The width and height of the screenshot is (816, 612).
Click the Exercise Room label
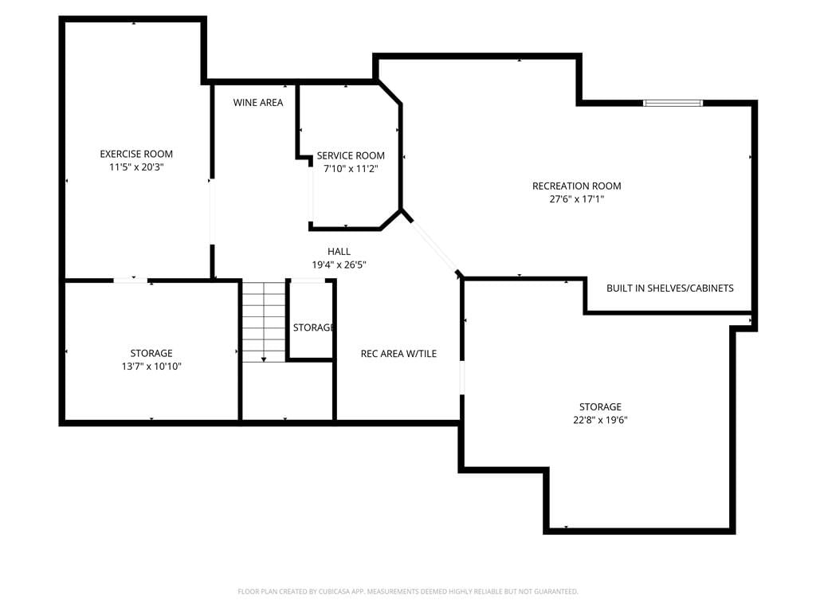(x=136, y=154)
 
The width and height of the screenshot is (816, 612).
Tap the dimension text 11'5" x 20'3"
(x=136, y=167)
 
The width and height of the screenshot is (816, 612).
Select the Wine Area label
(x=258, y=103)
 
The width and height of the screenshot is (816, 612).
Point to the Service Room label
(x=351, y=155)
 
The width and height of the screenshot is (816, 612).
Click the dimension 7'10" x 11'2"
(x=351, y=169)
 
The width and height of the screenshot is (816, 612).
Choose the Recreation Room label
(x=577, y=186)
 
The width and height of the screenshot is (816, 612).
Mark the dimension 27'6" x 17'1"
(x=577, y=198)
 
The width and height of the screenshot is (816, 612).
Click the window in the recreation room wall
(x=673, y=103)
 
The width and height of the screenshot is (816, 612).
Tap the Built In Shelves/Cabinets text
(x=669, y=288)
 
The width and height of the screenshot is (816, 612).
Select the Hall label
(x=339, y=251)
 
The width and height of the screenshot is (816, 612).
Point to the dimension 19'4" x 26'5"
(x=339, y=265)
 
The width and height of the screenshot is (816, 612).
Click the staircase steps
(x=264, y=322)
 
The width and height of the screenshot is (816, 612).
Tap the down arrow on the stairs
(x=264, y=359)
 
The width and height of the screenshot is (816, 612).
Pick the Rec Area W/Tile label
(x=398, y=353)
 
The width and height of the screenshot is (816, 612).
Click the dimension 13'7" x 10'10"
(x=151, y=366)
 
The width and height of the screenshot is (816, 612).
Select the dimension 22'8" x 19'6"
(x=600, y=420)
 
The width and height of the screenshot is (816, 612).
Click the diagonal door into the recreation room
(x=433, y=247)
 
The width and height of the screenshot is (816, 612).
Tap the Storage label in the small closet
(x=312, y=328)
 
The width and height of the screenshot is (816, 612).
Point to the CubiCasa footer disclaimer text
(x=408, y=591)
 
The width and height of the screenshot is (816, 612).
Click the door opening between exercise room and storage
(x=130, y=280)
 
